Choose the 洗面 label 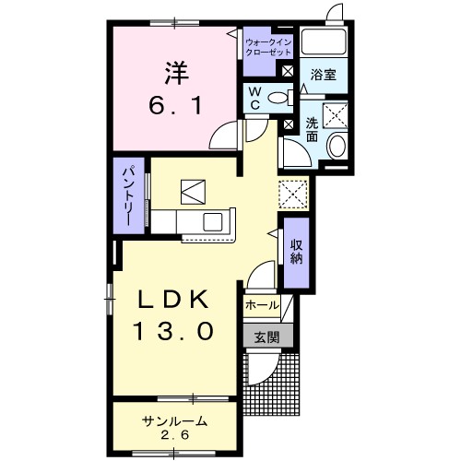pyautogui.click(x=312, y=129)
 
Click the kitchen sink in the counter pyautogui.click(x=212, y=222)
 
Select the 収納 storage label pyautogui.click(x=296, y=250)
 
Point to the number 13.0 pyautogui.click(x=176, y=328)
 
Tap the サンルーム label pyautogui.click(x=174, y=420)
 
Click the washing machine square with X pyautogui.click(x=337, y=114)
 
